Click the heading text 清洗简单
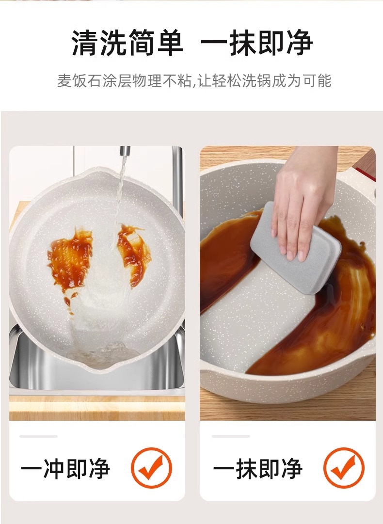(128, 43)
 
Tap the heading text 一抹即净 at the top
(256, 43)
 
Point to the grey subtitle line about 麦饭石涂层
(194, 81)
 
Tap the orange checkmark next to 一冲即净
(151, 467)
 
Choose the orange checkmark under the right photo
(344, 467)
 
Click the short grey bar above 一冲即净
(38, 436)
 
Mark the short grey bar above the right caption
(231, 436)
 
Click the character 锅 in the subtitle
(264, 81)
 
